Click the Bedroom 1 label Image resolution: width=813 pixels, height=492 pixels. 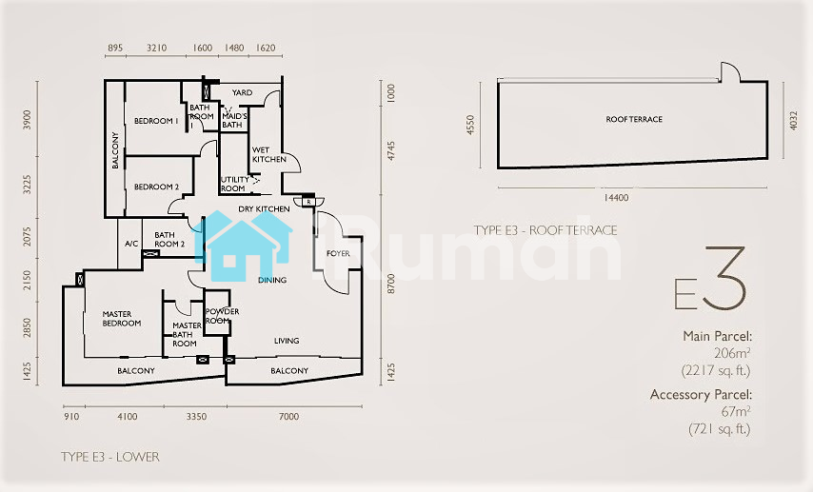click(x=156, y=121)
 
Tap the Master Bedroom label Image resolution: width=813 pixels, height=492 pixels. click(x=121, y=318)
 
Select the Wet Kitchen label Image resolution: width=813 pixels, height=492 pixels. click(x=269, y=154)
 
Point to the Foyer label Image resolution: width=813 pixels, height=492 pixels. click(x=338, y=253)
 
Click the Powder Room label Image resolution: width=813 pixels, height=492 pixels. click(x=223, y=316)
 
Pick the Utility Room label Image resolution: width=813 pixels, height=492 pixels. click(x=235, y=184)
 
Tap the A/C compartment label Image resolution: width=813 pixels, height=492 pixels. click(x=131, y=244)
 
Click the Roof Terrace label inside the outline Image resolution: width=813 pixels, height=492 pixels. click(x=634, y=119)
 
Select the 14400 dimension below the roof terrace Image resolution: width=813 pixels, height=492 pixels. click(x=616, y=198)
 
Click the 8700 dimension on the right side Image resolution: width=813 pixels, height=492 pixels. click(x=391, y=284)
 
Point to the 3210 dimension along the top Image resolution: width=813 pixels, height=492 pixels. click(x=156, y=48)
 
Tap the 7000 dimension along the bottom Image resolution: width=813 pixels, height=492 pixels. click(x=288, y=416)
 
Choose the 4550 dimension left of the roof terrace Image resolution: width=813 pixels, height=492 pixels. click(x=470, y=125)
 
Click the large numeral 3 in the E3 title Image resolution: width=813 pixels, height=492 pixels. click(x=725, y=279)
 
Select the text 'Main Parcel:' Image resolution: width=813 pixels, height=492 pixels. click(x=717, y=336)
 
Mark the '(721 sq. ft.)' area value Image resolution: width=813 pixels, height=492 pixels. click(x=720, y=429)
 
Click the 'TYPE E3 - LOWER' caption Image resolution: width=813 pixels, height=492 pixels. click(x=110, y=457)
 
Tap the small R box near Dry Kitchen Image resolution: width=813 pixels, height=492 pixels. click(x=308, y=202)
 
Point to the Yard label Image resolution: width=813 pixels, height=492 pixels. click(x=242, y=93)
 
